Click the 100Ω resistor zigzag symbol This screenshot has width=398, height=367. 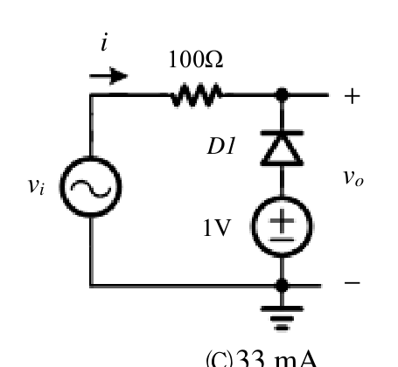pyautogui.click(x=197, y=95)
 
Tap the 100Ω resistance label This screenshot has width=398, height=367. pyautogui.click(x=196, y=59)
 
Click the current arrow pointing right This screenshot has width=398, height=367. pyautogui.click(x=108, y=76)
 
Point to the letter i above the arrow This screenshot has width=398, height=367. pyautogui.click(x=104, y=42)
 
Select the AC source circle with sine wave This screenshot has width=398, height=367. pyautogui.click(x=91, y=187)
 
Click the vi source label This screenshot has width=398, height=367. pyautogui.click(x=36, y=185)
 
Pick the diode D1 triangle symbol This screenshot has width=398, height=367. pyautogui.click(x=282, y=149)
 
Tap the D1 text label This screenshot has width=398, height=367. pyautogui.click(x=221, y=146)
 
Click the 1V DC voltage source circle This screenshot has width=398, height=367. pyautogui.click(x=282, y=226)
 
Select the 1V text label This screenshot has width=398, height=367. pyautogui.click(x=217, y=228)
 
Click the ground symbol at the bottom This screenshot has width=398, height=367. pyautogui.click(x=282, y=318)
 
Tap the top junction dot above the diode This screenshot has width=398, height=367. pyautogui.click(x=282, y=94)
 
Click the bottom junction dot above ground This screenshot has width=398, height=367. pyautogui.click(x=282, y=286)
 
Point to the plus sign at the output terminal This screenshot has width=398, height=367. pyautogui.click(x=353, y=96)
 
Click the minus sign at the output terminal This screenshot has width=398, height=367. pyautogui.click(x=353, y=282)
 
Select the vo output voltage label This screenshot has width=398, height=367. pyautogui.click(x=353, y=177)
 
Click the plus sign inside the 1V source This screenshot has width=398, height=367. pyautogui.click(x=282, y=220)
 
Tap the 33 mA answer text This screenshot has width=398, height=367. pyautogui.click(x=276, y=359)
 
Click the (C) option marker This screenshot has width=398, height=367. pyautogui.click(x=220, y=359)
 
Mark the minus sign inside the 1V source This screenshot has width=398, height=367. pyautogui.click(x=282, y=239)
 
